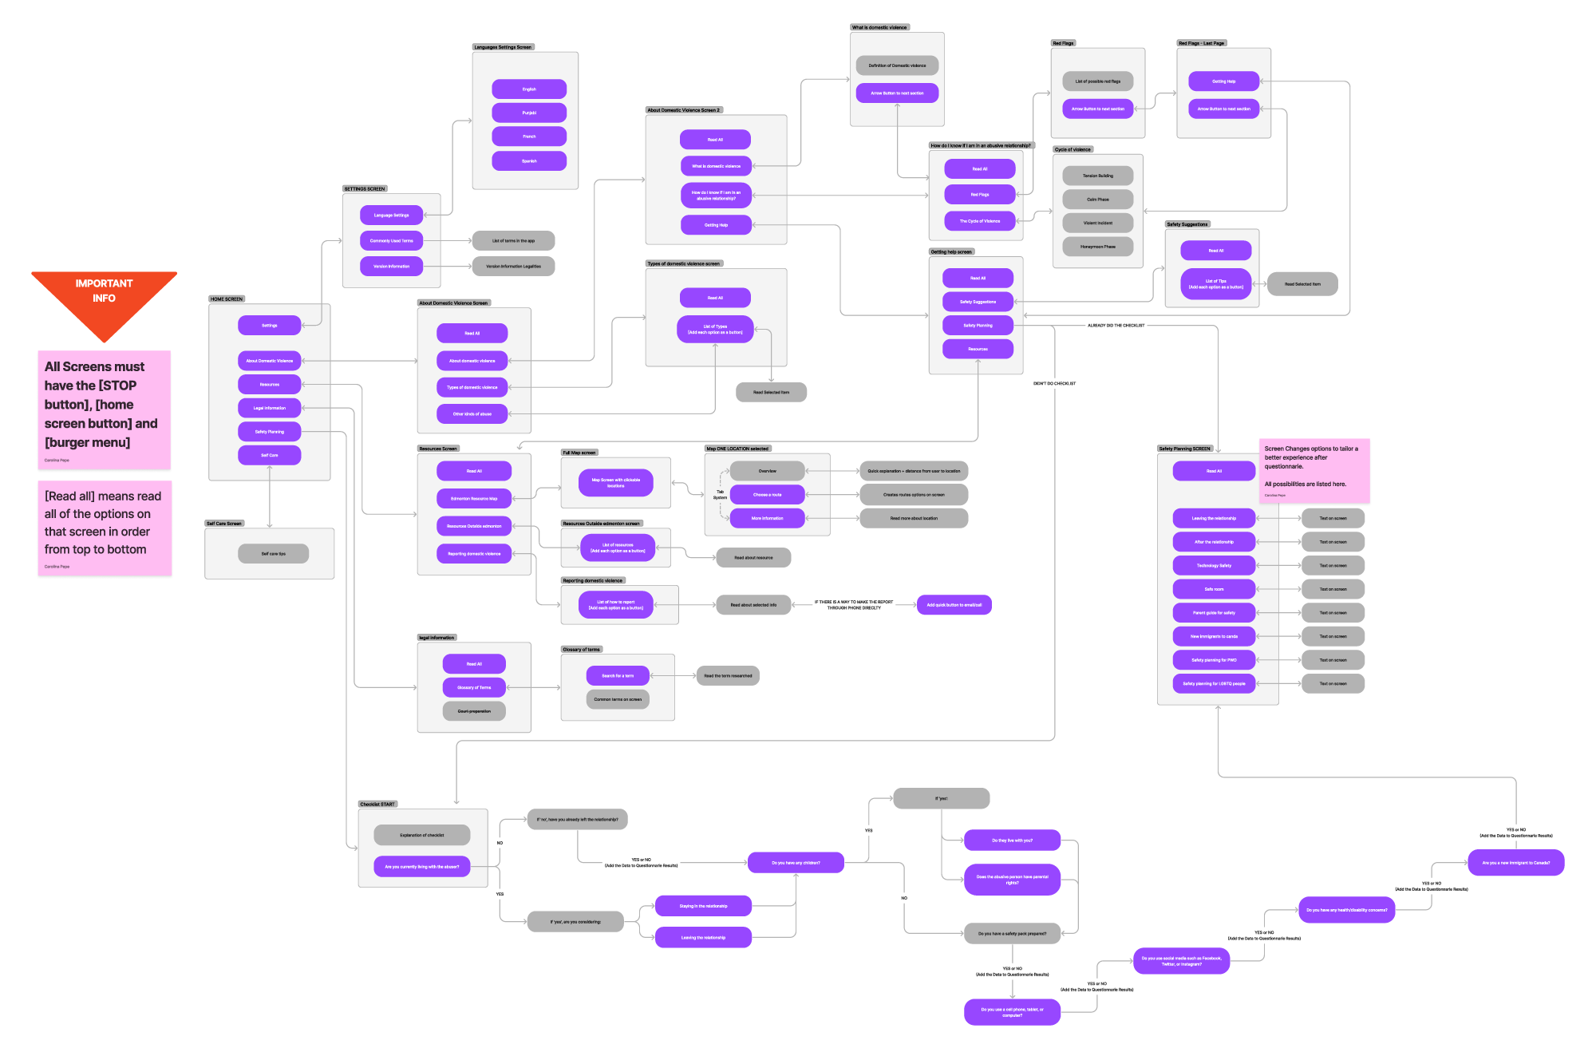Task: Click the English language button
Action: click(x=529, y=89)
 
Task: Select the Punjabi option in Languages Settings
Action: click(x=529, y=113)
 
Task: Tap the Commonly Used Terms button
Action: click(x=391, y=240)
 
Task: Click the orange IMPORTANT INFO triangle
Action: click(x=104, y=299)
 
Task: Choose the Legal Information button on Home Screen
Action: click(x=269, y=408)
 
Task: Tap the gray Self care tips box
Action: click(x=273, y=553)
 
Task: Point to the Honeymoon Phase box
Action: click(x=1097, y=247)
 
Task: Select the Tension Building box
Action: click(x=1097, y=176)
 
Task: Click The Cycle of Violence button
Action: click(x=979, y=221)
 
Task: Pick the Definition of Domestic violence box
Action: click(x=897, y=65)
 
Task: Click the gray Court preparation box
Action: click(x=474, y=711)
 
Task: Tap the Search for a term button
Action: click(x=618, y=676)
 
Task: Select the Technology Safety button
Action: click(x=1214, y=565)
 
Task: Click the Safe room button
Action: click(x=1214, y=589)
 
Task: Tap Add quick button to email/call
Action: click(x=954, y=605)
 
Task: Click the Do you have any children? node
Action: click(x=796, y=863)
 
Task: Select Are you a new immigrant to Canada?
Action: click(x=1515, y=863)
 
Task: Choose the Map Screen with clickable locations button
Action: click(x=615, y=482)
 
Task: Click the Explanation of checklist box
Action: click(x=421, y=835)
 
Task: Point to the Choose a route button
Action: click(x=767, y=495)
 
